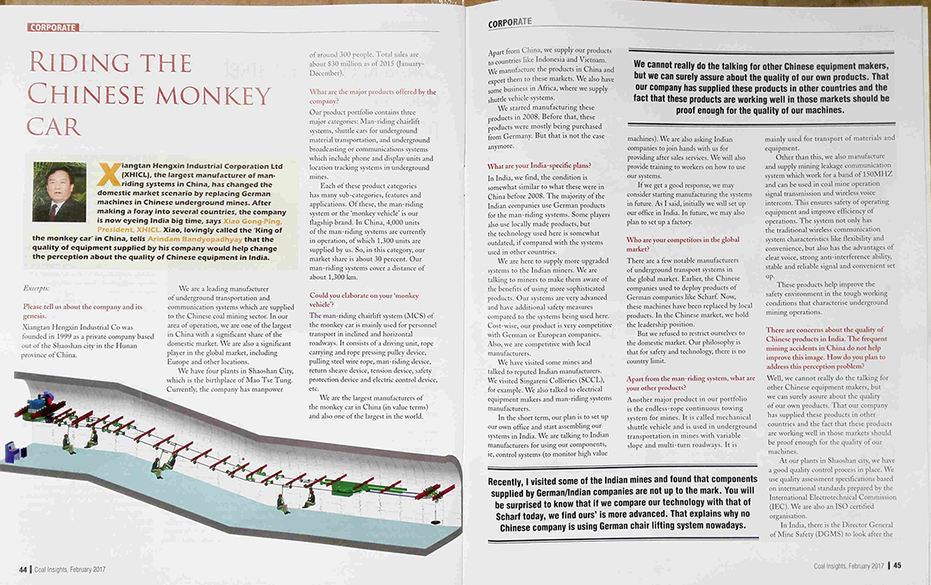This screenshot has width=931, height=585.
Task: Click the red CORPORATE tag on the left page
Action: click(x=53, y=28)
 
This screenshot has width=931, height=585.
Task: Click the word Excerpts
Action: click(x=38, y=287)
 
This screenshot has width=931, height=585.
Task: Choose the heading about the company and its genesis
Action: click(x=83, y=312)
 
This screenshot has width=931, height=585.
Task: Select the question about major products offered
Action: click(x=372, y=96)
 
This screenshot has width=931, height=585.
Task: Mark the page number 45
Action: click(x=897, y=565)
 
